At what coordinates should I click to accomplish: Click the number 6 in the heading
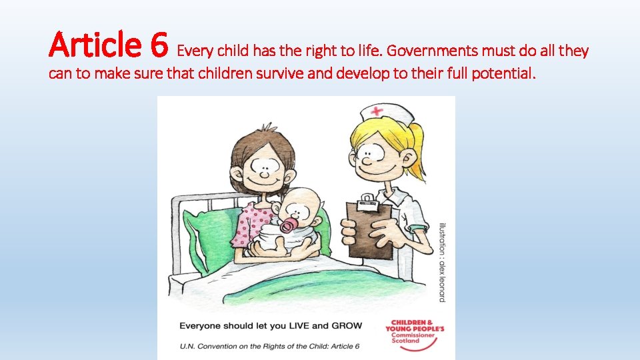[x=159, y=46]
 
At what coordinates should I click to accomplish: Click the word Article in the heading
[x=96, y=46]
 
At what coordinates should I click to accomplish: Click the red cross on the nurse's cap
[x=379, y=111]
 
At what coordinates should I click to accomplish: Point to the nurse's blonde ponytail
[x=417, y=150]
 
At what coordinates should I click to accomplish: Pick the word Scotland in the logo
[x=405, y=341]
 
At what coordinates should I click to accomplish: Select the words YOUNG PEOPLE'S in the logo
[x=415, y=329]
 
